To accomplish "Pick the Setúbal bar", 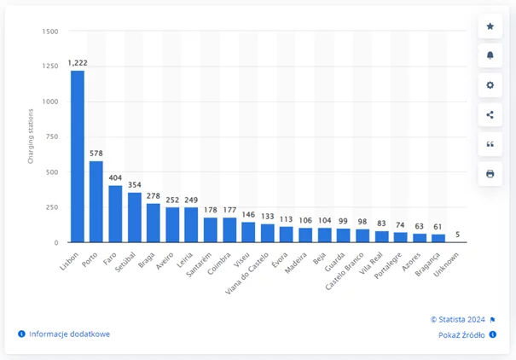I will point(135,217).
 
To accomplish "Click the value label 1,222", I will point(77,64).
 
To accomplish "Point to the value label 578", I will point(96,154).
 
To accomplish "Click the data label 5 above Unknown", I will point(460,235).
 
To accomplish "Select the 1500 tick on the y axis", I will point(50,32).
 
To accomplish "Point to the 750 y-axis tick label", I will point(52,137).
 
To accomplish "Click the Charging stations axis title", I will point(30,136).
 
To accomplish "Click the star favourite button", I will point(490,26).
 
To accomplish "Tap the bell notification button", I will point(490,55).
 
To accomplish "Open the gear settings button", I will point(490,85).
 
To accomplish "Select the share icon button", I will point(490,115).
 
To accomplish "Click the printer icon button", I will point(490,174).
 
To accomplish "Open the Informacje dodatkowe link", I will point(69,334).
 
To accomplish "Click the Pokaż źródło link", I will point(461,335).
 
